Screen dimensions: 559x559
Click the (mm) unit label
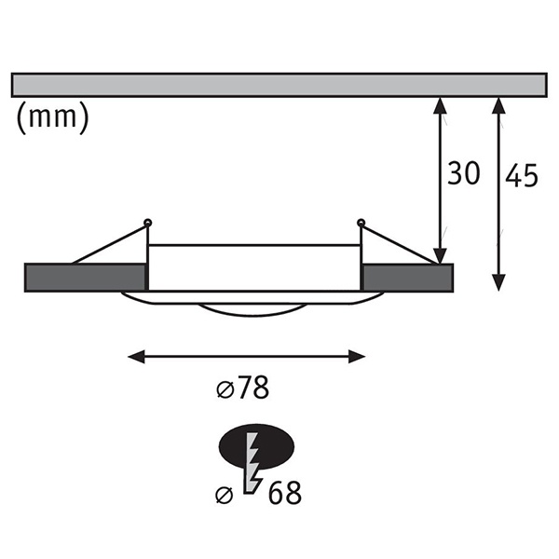(x=52, y=117)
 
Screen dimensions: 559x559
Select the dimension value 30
(x=463, y=173)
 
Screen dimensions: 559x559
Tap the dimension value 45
(x=521, y=176)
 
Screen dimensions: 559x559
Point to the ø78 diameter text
(x=243, y=388)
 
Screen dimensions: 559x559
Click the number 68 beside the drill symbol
(x=284, y=494)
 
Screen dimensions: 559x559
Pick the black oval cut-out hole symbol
(x=256, y=446)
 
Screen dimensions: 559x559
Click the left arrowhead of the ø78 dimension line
(x=136, y=357)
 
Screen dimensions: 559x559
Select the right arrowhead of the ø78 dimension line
(x=357, y=357)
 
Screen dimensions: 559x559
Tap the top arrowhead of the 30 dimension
(x=441, y=105)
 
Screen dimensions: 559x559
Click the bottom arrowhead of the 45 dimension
(x=498, y=282)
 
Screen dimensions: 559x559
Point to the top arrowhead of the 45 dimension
(x=498, y=105)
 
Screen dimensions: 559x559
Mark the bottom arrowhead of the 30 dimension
(x=441, y=255)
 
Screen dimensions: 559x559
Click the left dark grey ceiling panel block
(x=85, y=278)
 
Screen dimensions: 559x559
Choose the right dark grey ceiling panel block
(x=407, y=278)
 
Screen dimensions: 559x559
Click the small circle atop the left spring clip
(x=148, y=223)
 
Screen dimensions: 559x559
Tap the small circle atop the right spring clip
(x=361, y=223)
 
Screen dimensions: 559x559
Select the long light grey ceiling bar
(x=279, y=85)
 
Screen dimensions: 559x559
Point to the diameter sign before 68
(x=225, y=496)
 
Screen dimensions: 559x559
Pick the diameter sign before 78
(x=225, y=390)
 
